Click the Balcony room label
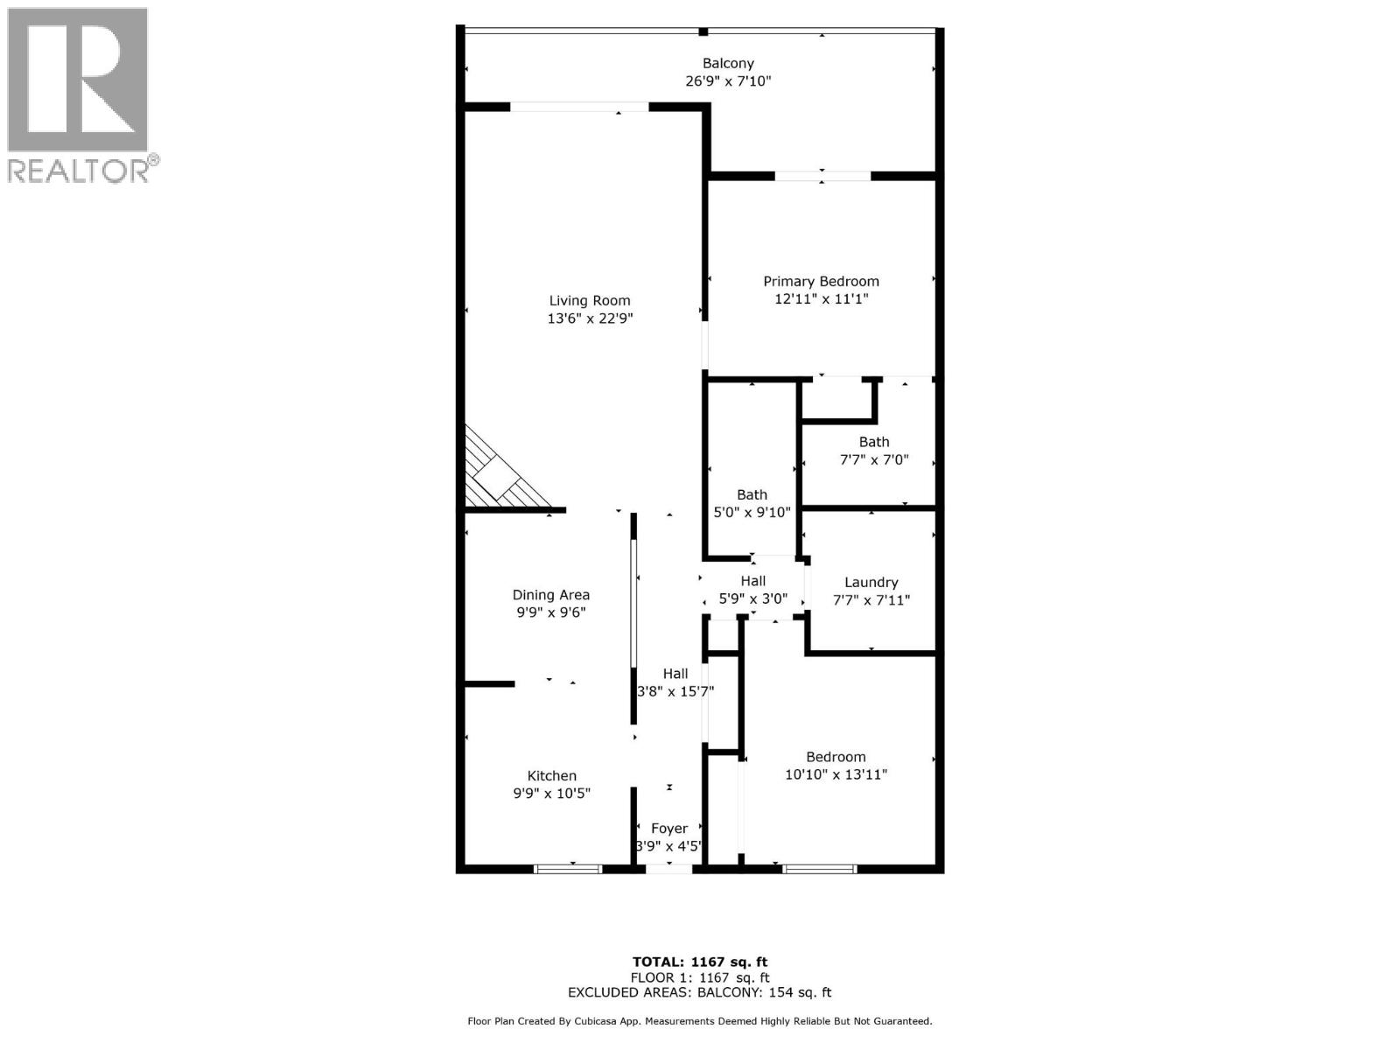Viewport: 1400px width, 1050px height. point(728,63)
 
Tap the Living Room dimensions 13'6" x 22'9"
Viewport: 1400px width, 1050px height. point(590,318)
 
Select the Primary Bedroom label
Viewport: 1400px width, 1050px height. point(821,281)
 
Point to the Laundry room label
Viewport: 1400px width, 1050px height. point(871,582)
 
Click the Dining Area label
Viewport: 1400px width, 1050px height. point(551,595)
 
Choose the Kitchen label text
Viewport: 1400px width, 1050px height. point(551,775)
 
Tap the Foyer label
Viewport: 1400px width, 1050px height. point(669,828)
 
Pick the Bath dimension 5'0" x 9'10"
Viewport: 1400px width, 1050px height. point(752,513)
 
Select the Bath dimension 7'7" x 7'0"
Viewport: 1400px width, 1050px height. point(874,459)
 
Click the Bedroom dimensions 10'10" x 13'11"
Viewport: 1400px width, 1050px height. point(836,774)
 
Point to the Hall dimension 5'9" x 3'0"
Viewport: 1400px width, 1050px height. point(752,599)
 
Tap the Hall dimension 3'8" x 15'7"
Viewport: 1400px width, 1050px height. point(675,691)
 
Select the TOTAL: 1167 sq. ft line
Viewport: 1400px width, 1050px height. point(700,962)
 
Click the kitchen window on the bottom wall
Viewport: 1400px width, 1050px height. point(568,869)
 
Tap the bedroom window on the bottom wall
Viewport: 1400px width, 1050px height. point(819,869)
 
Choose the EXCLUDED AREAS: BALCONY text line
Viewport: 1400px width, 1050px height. point(700,992)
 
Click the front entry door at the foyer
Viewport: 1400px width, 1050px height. point(669,869)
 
